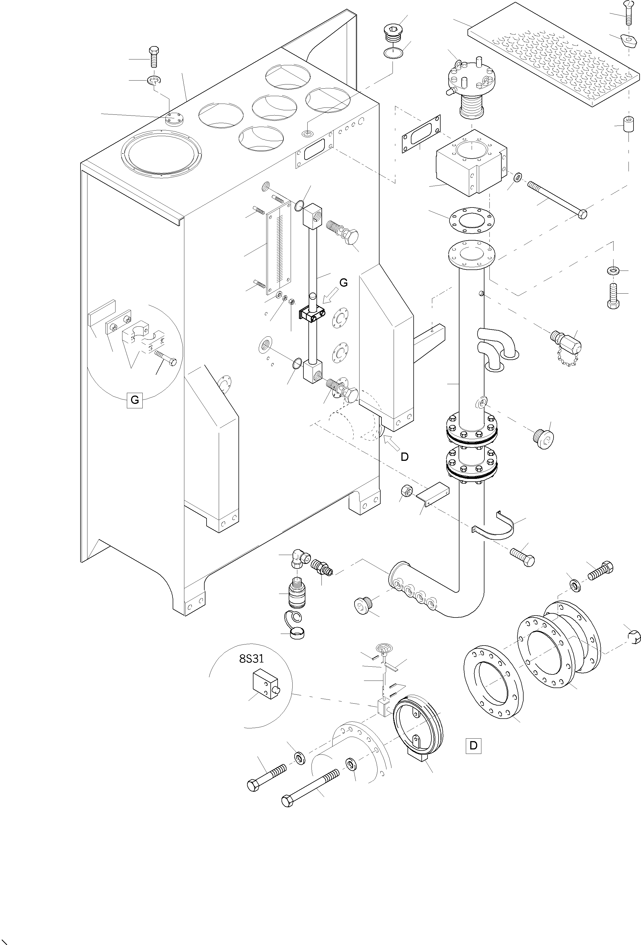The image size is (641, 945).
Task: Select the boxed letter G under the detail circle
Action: click(x=135, y=400)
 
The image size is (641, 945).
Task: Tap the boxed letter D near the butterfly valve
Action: click(x=473, y=746)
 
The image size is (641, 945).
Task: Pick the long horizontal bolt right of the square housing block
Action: click(x=557, y=200)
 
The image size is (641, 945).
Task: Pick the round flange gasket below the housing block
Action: click(x=471, y=222)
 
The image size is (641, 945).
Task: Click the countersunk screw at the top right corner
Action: click(x=628, y=13)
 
